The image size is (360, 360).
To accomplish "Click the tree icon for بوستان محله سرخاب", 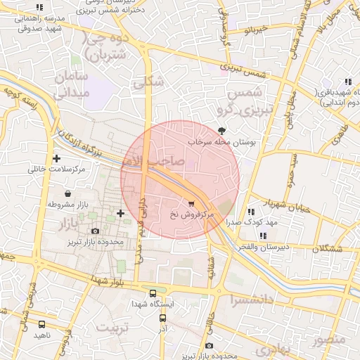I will click(x=223, y=130).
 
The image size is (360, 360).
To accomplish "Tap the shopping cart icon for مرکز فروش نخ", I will click(x=192, y=203).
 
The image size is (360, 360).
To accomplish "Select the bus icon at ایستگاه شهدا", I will click(x=153, y=293).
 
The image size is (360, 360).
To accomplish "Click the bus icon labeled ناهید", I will click(x=42, y=324).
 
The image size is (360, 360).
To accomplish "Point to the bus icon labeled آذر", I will click(x=162, y=318).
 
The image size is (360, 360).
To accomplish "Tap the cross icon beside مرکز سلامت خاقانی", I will click(x=56, y=158).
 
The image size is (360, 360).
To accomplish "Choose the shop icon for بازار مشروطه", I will click(x=67, y=193).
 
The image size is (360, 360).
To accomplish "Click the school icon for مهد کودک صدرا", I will click(x=251, y=212).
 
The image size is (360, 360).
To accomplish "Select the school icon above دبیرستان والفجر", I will click(x=262, y=236).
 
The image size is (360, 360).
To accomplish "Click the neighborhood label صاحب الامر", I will click(x=161, y=161).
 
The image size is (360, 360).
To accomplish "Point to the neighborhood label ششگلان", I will click(x=329, y=249).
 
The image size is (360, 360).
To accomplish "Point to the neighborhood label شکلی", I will click(x=148, y=82).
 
